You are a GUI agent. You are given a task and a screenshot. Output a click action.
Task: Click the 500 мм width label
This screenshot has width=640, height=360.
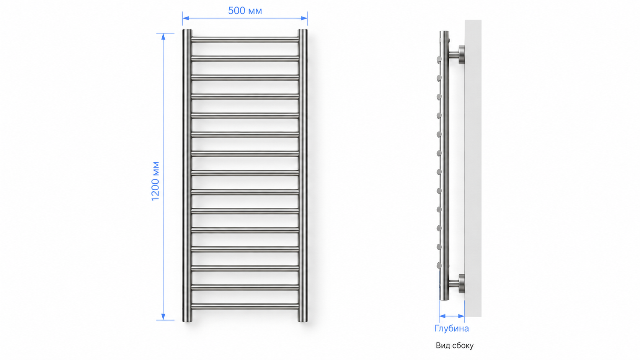(x=245, y=11)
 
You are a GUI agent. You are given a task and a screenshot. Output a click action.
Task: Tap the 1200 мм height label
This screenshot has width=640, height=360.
(x=155, y=181)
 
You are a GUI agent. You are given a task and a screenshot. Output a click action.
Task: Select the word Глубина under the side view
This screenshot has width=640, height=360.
(x=452, y=329)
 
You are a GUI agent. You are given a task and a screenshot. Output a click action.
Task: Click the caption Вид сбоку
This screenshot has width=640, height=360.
(x=455, y=345)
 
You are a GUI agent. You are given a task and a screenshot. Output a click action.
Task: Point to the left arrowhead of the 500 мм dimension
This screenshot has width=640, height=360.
(x=186, y=18)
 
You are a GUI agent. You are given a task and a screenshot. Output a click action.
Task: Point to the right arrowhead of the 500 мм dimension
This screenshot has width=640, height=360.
(x=304, y=18)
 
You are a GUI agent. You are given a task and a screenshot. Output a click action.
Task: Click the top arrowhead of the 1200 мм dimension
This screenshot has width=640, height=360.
(x=163, y=37)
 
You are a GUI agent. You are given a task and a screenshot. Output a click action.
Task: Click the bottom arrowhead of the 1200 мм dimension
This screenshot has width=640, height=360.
(x=163, y=317)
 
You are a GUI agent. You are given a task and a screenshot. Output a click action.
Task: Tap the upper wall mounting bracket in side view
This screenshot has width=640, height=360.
(x=457, y=55)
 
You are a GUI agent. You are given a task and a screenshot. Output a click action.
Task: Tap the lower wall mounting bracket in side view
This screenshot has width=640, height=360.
(x=457, y=284)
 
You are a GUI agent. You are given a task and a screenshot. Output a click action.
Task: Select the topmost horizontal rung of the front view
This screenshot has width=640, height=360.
(x=245, y=40)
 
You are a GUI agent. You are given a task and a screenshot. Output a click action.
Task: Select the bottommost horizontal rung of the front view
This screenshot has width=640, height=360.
(x=245, y=306)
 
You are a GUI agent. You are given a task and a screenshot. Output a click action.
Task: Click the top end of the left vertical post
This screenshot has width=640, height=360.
(x=187, y=30)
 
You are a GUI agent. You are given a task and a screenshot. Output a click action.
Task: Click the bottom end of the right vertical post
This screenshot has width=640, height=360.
(x=303, y=321)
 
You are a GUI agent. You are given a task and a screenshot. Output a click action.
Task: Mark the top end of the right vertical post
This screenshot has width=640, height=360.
(x=303, y=30)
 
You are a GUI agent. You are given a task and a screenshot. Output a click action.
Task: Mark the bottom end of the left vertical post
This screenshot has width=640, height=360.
(x=187, y=321)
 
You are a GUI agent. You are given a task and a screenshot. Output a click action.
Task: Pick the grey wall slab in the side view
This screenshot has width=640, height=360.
(x=473, y=168)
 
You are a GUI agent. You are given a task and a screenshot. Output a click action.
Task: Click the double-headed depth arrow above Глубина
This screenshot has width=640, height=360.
(x=452, y=316)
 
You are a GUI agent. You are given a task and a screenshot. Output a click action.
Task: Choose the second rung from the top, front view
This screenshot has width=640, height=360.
(x=245, y=59)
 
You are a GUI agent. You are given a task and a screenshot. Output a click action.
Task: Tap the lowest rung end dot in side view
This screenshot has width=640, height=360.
(x=439, y=266)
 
